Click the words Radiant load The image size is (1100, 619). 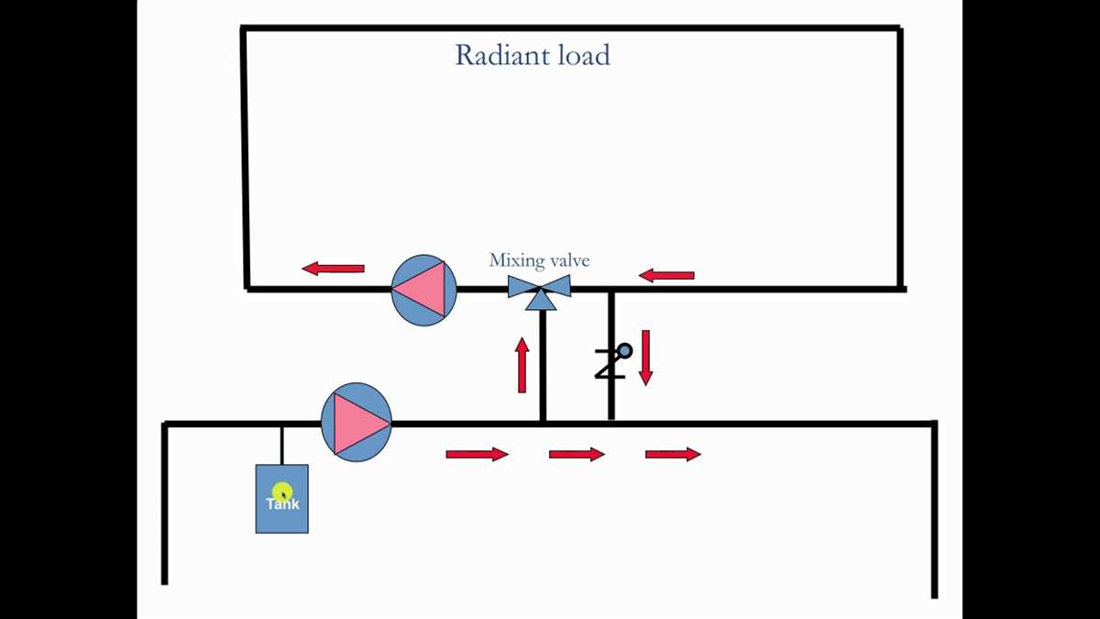(x=532, y=55)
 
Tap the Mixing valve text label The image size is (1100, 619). (x=539, y=260)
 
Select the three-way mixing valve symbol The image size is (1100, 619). (x=540, y=290)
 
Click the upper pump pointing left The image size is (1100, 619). (x=423, y=290)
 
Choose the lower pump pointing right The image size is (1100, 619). (x=357, y=423)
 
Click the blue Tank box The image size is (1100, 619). (x=281, y=518)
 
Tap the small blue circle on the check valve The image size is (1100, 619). (x=624, y=350)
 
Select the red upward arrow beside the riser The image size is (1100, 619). (x=522, y=365)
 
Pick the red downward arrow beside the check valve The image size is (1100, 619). (x=645, y=358)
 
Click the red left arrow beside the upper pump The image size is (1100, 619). (x=334, y=269)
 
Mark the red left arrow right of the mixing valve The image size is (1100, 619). (x=666, y=275)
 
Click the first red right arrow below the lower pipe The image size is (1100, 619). (x=477, y=454)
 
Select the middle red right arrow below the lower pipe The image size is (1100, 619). (x=577, y=454)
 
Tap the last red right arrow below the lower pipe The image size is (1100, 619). (x=673, y=454)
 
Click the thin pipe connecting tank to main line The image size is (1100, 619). (x=281, y=445)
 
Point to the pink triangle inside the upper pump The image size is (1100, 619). (x=420, y=290)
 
